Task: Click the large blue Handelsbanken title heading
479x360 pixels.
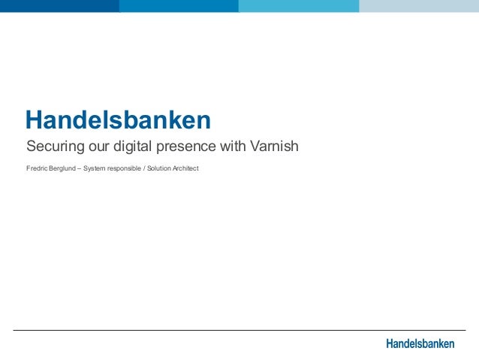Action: [118, 119]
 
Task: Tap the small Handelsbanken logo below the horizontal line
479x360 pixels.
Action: [420, 343]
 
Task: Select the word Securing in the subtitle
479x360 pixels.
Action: [53, 145]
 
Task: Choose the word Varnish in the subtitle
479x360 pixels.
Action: [274, 145]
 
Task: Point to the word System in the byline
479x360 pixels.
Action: [95, 168]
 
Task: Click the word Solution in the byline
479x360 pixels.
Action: [159, 168]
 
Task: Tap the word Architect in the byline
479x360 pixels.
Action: [185, 168]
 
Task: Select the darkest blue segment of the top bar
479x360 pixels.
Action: [59, 6]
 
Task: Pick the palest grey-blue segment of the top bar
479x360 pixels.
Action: [419, 6]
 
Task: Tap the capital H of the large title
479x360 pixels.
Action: [34, 119]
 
